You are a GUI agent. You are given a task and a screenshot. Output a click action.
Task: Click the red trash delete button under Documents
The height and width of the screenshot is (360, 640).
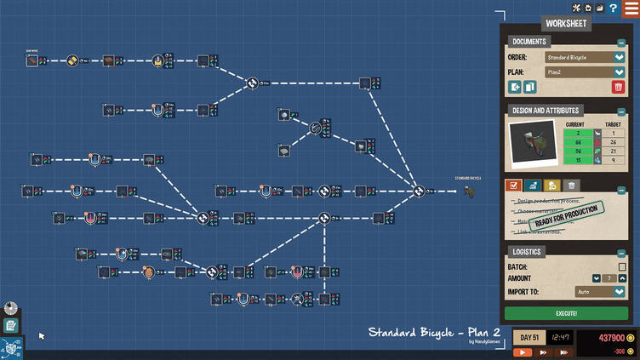tap(618, 87)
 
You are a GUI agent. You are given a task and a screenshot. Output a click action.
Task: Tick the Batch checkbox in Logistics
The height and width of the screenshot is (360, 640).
tap(622, 267)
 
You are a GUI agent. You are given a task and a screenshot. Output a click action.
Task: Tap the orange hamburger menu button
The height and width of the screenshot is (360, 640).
tap(631, 8)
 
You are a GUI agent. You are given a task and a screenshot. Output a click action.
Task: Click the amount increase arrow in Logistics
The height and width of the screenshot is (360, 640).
tap(622, 278)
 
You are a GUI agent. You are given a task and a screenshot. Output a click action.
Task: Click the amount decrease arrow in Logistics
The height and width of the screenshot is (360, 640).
tap(597, 278)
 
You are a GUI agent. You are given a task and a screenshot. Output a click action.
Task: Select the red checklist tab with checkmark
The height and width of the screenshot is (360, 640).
tap(512, 186)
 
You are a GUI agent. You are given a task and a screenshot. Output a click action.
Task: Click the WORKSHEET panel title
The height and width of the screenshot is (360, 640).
tap(565, 23)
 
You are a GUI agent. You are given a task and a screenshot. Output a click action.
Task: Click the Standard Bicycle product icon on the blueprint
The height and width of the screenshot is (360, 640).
tap(471, 191)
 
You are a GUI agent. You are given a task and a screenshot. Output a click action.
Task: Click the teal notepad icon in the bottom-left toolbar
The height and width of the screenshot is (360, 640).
tap(11, 325)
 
